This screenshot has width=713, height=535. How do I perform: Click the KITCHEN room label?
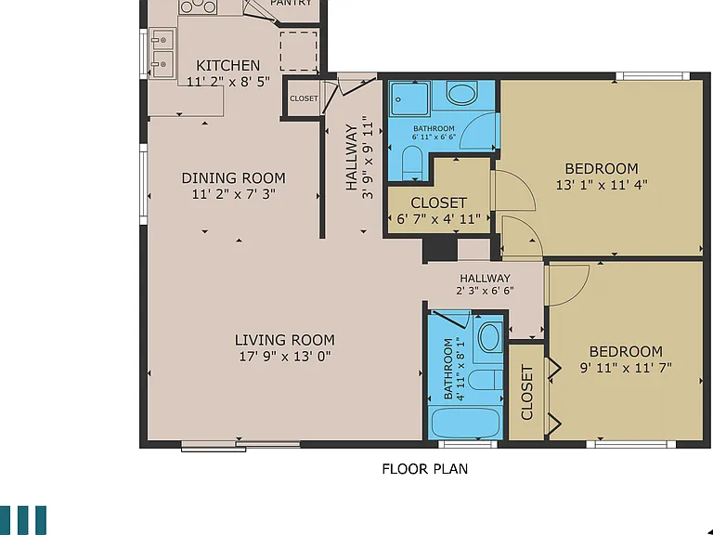tap(227, 66)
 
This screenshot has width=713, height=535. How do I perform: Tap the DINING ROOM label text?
tap(234, 178)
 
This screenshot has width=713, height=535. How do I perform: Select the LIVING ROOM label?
tap(285, 340)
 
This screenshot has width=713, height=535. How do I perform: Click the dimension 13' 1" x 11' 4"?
tap(602, 185)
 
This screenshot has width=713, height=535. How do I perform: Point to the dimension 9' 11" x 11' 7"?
tap(626, 368)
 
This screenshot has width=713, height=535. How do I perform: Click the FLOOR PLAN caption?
tap(424, 469)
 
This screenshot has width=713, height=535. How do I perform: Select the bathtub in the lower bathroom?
tap(467, 423)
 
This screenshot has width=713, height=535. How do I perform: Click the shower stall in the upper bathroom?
tap(409, 98)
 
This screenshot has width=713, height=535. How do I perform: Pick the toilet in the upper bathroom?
tap(413, 163)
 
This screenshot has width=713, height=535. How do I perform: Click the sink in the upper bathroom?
tap(462, 93)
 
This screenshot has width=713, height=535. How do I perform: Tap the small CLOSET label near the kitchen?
tap(304, 98)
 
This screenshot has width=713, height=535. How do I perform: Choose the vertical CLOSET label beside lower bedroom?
tap(526, 392)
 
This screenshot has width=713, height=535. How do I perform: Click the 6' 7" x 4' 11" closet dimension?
tap(438, 219)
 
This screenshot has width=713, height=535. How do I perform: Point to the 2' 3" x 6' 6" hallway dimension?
tap(486, 290)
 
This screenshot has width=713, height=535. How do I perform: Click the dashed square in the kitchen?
tap(298, 51)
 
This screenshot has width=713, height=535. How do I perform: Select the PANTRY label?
tap(291, 3)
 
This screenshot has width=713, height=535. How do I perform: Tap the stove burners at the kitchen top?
tap(198, 7)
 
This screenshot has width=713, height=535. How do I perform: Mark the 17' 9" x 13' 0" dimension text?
tap(285, 357)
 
